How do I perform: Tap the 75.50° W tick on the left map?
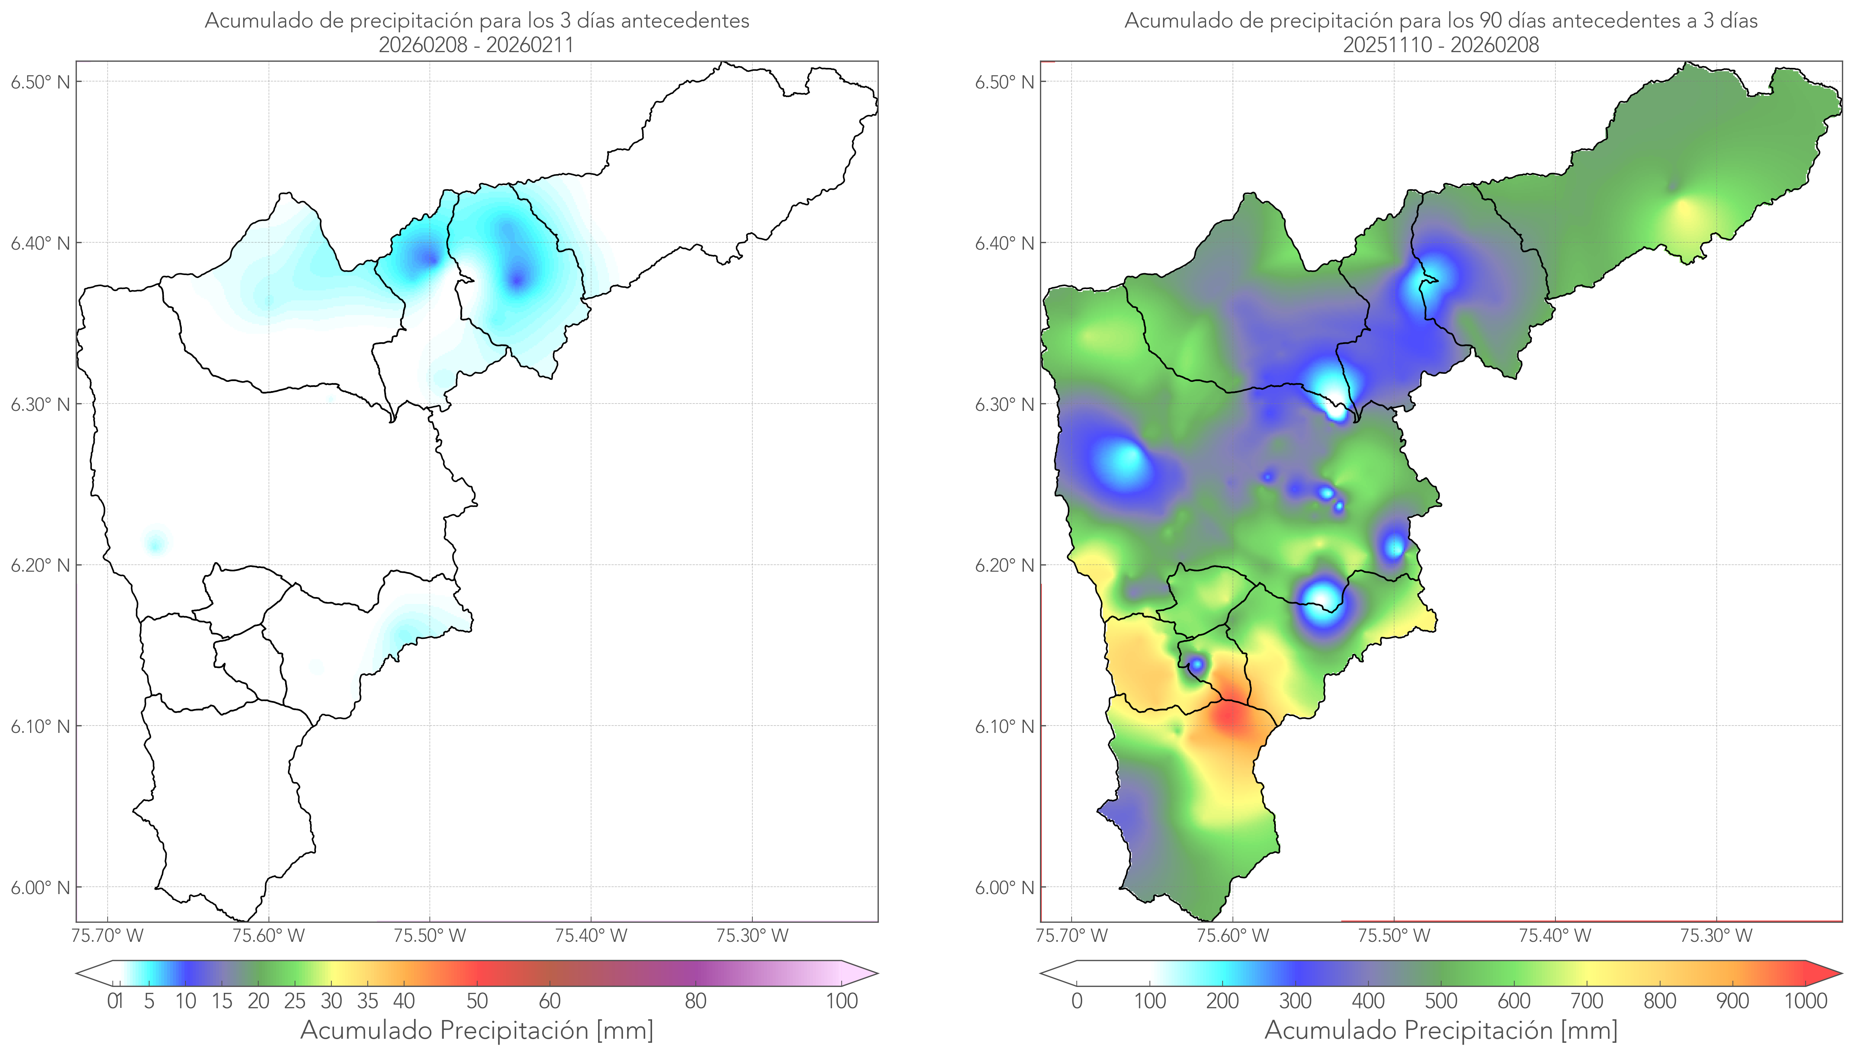(429, 936)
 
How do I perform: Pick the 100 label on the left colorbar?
(842, 1001)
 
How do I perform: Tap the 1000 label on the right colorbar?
(1805, 1001)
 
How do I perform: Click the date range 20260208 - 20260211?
(476, 45)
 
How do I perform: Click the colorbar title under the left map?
(477, 1030)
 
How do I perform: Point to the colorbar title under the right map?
(1441, 1030)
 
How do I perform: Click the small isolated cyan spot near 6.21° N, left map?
(156, 543)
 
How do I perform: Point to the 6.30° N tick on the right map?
(1005, 404)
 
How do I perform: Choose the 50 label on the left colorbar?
(477, 1001)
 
